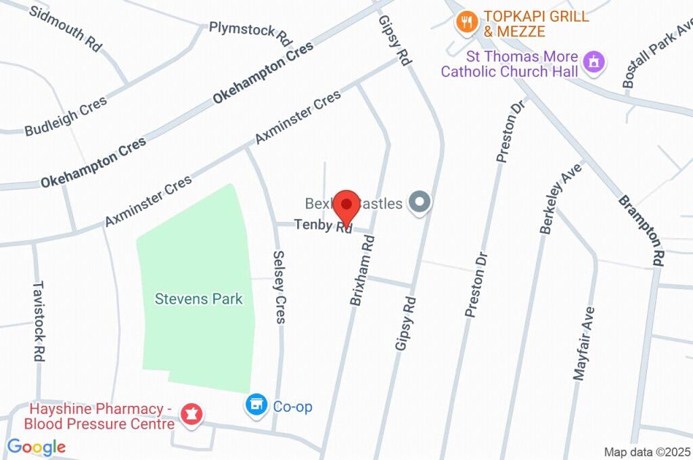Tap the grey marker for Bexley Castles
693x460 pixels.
point(420,202)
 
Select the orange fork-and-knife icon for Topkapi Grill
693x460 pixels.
point(466,22)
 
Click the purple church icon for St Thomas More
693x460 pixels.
point(594,62)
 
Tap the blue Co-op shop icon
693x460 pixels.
point(256,405)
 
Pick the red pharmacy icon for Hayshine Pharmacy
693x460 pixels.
point(192,414)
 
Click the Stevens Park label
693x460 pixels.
point(198,298)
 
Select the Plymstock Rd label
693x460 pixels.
point(250,31)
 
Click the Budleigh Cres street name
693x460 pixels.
point(66,117)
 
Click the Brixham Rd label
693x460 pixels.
point(362,270)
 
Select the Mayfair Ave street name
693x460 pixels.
point(583,344)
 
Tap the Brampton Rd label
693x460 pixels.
point(640,230)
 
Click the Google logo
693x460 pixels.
point(37,446)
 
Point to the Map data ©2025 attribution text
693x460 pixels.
point(647,452)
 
